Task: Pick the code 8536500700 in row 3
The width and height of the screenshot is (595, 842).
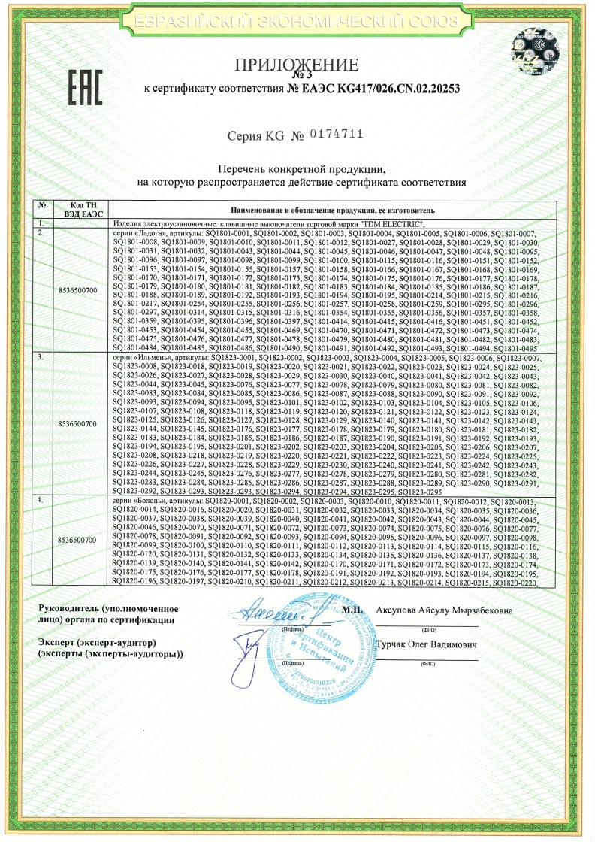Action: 77,424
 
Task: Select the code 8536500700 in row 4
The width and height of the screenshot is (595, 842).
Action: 77,540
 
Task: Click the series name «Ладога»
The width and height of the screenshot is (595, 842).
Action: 143,234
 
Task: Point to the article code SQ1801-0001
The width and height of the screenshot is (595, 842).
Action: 228,234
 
